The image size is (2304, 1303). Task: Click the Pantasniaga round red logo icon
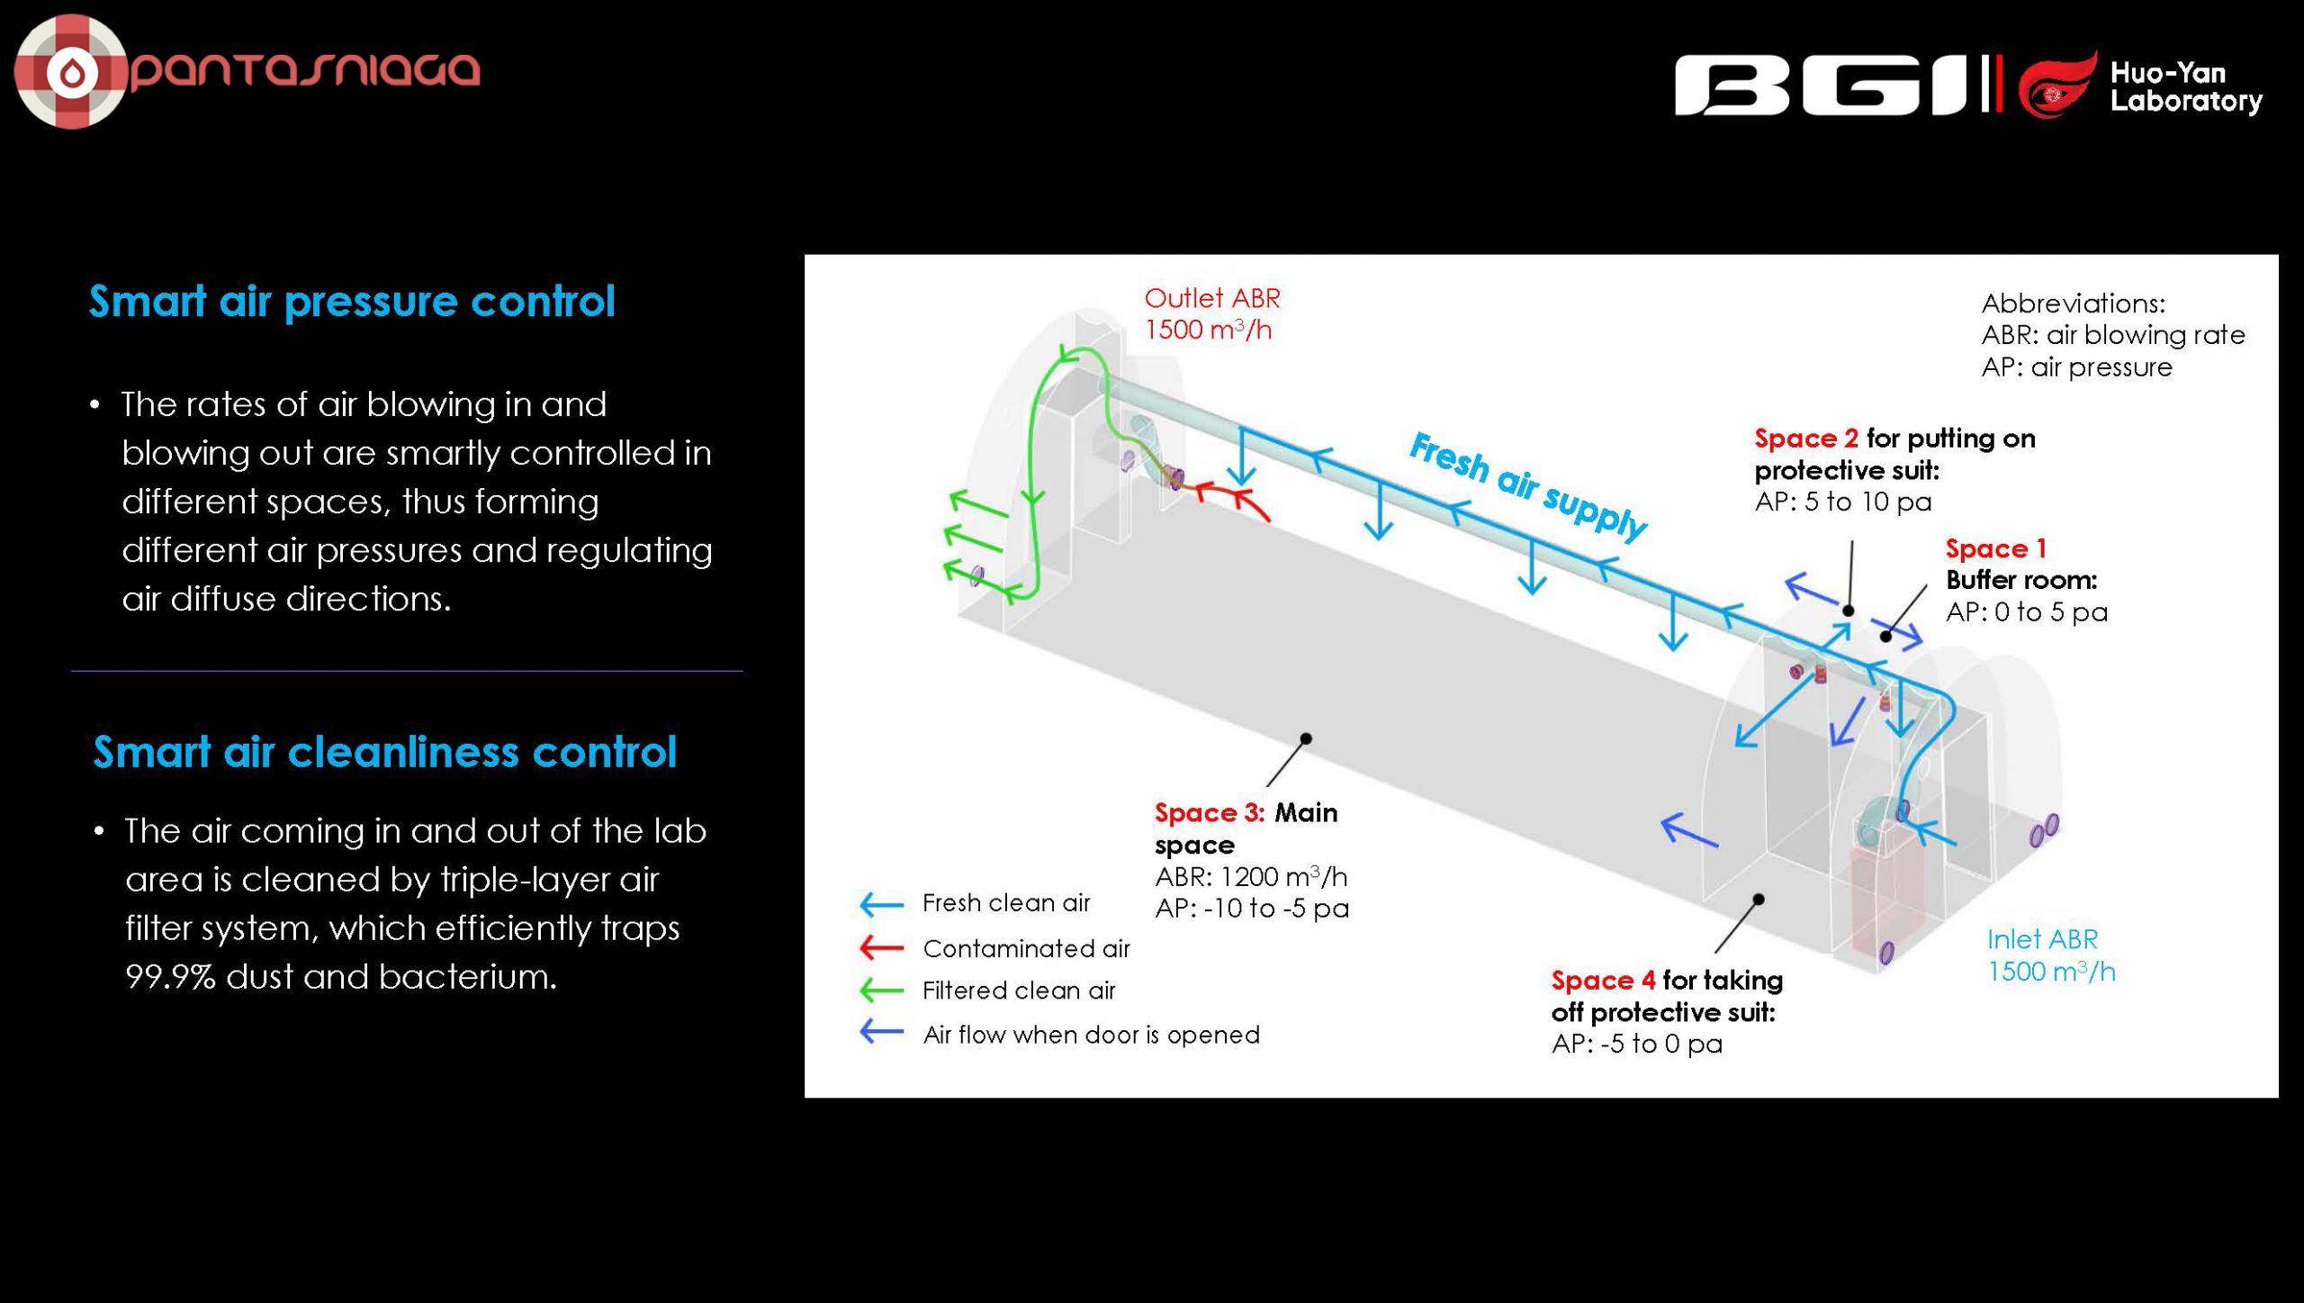(71, 72)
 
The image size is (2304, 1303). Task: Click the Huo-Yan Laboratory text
(2185, 86)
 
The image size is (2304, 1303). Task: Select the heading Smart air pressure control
(352, 301)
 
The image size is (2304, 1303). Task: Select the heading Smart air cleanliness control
(384, 752)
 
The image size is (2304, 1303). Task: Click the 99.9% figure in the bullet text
(170, 977)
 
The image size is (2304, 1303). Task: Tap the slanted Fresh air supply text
(1527, 484)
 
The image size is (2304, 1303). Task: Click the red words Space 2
(1805, 439)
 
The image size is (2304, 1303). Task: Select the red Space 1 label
(1995, 548)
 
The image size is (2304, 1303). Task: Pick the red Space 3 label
(1209, 813)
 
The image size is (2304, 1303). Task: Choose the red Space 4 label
(1603, 980)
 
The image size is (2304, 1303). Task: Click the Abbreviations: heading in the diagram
(2073, 303)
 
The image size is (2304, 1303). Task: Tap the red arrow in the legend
(881, 947)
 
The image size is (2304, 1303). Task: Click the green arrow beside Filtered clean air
(881, 991)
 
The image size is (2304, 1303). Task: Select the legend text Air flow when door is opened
(1091, 1035)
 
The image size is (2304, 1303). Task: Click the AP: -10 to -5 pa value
(1252, 909)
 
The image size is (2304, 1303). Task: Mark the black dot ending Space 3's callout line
(1306, 738)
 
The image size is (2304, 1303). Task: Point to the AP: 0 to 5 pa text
(2026, 612)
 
